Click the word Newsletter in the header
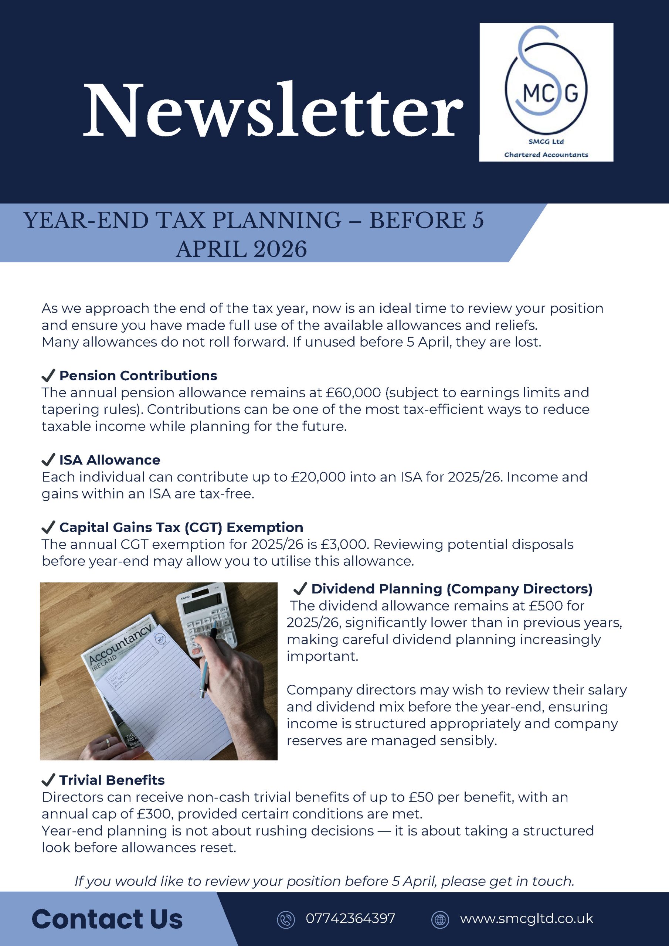273,110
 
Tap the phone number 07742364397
350,918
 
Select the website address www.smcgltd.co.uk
526,918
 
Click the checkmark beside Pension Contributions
48,375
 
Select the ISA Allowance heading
110,460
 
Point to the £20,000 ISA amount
318,477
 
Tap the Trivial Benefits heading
112,780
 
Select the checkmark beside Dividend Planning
300,589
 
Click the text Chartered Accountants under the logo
546,155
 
